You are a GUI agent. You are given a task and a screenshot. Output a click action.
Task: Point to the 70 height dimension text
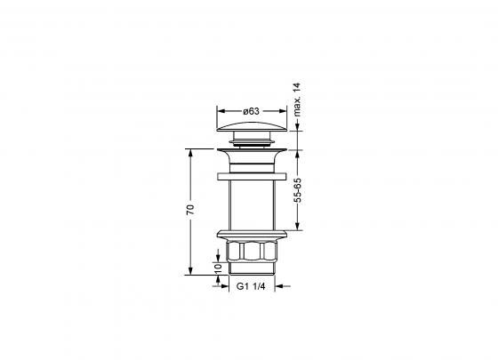[x=190, y=211]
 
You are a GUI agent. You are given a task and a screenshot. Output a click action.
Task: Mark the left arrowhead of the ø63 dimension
[x=220, y=112]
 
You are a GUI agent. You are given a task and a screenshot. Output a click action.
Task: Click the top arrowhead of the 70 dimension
[x=190, y=152]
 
